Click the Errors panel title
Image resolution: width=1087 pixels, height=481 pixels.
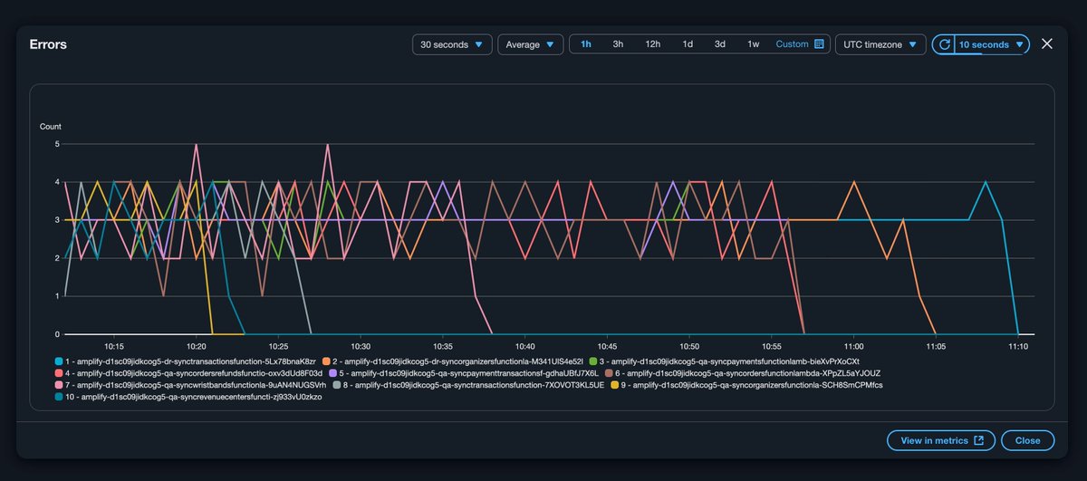(48, 43)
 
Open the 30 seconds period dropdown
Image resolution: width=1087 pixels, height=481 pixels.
(452, 44)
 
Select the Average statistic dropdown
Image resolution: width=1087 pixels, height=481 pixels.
(530, 44)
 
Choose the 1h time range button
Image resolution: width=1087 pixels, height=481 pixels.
(586, 44)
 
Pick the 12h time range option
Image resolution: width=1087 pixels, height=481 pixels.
(652, 44)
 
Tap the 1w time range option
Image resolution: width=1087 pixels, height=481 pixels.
(753, 44)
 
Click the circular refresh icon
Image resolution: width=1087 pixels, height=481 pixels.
(945, 44)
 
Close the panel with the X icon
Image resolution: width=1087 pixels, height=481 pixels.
(1047, 43)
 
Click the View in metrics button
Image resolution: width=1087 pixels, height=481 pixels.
(941, 440)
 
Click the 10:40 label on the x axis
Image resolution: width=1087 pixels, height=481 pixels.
(524, 346)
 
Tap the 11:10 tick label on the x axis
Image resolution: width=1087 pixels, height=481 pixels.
(1017, 346)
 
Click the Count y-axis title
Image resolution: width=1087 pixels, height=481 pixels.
(51, 126)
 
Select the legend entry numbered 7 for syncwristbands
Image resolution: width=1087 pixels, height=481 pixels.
(190, 385)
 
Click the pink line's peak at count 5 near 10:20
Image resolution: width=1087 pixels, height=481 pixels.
(196, 144)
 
